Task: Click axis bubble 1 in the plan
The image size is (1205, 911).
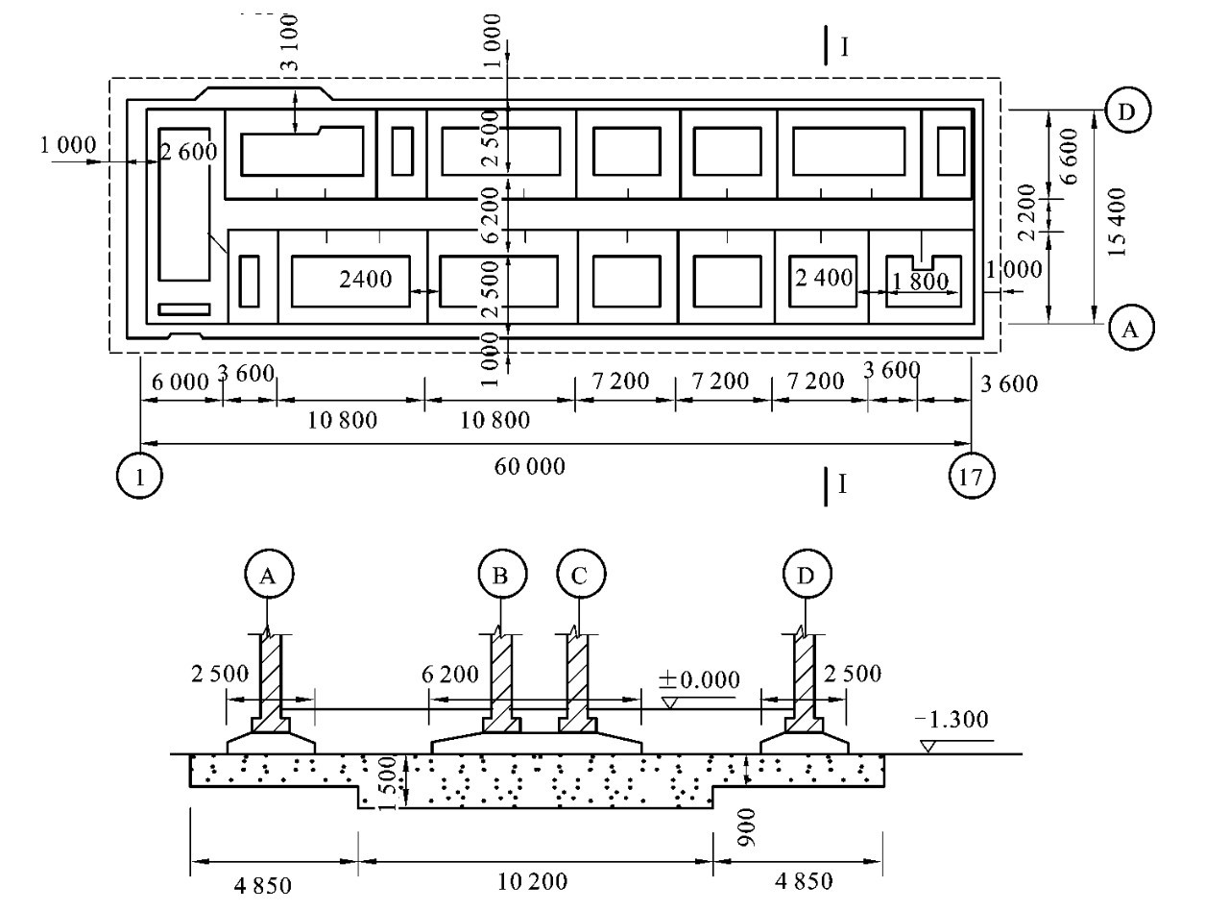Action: pyautogui.click(x=139, y=476)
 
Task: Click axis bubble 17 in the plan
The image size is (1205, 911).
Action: pyautogui.click(x=972, y=476)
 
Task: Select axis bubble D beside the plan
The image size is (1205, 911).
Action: pyautogui.click(x=1127, y=111)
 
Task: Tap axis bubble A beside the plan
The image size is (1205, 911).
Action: pyautogui.click(x=1131, y=328)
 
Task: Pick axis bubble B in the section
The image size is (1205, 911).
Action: pyautogui.click(x=502, y=574)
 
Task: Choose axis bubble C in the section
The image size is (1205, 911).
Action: pyautogui.click(x=581, y=574)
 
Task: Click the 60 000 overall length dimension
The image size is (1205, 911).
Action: pyautogui.click(x=529, y=466)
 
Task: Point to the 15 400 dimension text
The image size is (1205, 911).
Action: pyautogui.click(x=1117, y=221)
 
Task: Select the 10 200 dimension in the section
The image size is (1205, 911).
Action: pyautogui.click(x=532, y=882)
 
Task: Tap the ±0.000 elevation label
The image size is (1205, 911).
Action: pyautogui.click(x=699, y=679)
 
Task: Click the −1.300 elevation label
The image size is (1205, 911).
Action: pyautogui.click(x=952, y=719)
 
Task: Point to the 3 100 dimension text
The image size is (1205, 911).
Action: pyautogui.click(x=289, y=43)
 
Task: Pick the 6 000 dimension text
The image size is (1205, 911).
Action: pyautogui.click(x=181, y=382)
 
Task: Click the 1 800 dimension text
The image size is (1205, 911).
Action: pyautogui.click(x=920, y=282)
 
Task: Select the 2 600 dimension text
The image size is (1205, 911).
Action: pyautogui.click(x=189, y=151)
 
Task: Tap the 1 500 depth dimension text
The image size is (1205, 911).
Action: pyautogui.click(x=388, y=783)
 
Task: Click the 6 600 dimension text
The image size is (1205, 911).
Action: pyautogui.click(x=1070, y=156)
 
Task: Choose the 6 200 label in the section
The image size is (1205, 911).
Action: pyautogui.click(x=450, y=674)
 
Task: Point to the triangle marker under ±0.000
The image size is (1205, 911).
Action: pyautogui.click(x=669, y=702)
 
